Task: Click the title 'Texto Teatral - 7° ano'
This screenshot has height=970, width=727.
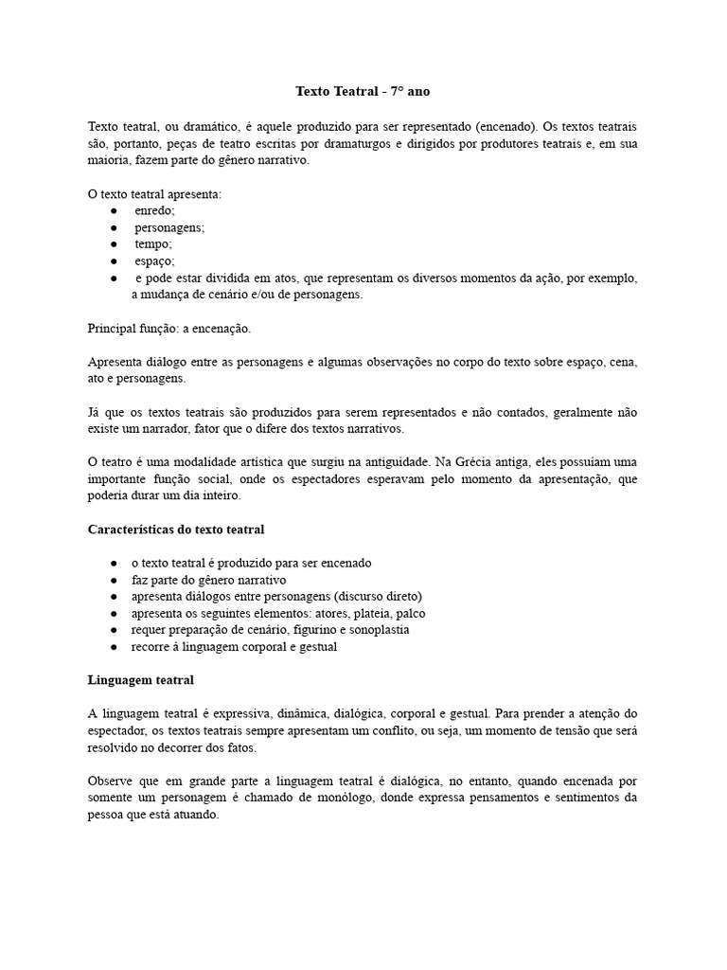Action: click(x=363, y=92)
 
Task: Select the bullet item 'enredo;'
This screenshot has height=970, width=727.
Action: click(x=154, y=211)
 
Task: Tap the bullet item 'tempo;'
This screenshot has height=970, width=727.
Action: click(x=153, y=244)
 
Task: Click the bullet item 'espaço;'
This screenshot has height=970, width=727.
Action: click(x=155, y=261)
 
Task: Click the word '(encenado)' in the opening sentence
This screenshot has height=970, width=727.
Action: click(x=506, y=126)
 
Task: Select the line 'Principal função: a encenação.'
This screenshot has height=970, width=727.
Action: click(x=169, y=329)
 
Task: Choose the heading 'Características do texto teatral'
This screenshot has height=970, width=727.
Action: click(x=176, y=529)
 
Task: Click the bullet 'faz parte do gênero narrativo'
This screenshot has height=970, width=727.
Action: click(x=208, y=579)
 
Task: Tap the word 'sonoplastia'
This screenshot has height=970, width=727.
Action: click(x=378, y=630)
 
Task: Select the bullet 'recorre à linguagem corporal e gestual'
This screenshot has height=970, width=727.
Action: click(x=234, y=647)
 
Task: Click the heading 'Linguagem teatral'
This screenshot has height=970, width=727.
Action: click(x=141, y=680)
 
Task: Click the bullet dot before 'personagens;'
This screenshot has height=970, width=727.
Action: click(x=113, y=228)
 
